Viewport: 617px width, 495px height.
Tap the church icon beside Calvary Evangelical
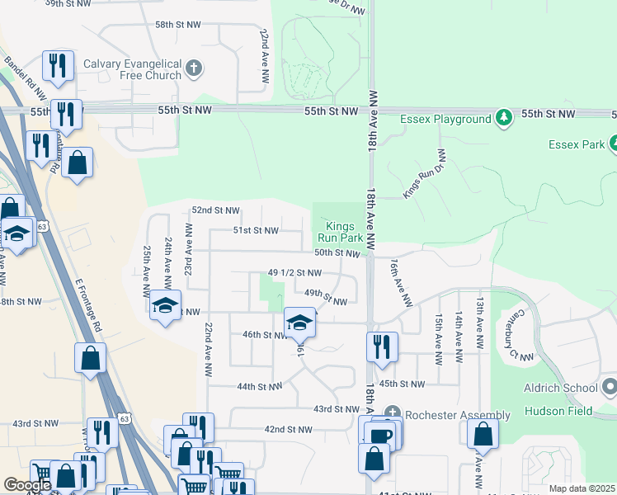tap(195, 68)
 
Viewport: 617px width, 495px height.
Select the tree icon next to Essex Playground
tap(504, 119)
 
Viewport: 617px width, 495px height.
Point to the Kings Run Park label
tap(341, 230)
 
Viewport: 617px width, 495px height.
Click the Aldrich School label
tap(559, 388)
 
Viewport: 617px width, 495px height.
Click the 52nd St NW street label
tap(215, 210)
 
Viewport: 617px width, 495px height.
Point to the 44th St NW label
tap(260, 386)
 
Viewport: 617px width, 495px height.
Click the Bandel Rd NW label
tap(19, 73)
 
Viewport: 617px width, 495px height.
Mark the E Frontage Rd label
tap(87, 304)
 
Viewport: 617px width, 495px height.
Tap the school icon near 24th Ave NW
tap(165, 306)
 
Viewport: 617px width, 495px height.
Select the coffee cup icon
tap(380, 435)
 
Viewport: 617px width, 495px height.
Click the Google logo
tap(27, 485)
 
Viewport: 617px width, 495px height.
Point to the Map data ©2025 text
tap(582, 488)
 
